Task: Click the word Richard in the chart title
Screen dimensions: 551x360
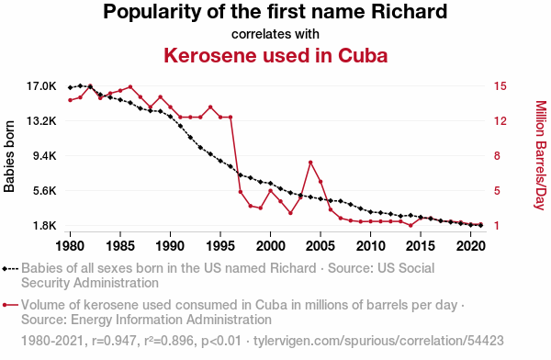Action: (409, 12)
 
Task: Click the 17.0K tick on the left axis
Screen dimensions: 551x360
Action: (41, 85)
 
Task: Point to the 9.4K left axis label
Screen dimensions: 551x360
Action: (45, 156)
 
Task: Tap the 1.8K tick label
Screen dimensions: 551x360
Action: (45, 226)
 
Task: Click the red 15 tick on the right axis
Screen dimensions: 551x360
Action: (500, 85)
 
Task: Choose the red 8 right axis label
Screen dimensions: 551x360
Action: (497, 156)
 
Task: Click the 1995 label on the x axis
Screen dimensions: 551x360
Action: (220, 246)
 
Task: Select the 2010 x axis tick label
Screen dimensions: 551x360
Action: (371, 246)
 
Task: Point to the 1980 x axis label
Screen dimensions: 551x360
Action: (70, 246)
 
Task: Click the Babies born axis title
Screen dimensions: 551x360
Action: (9, 156)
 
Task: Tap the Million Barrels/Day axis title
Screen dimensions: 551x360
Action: (541, 155)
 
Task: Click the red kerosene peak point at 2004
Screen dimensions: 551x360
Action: (310, 163)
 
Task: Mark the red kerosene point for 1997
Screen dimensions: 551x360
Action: (241, 192)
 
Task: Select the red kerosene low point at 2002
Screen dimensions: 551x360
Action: (290, 213)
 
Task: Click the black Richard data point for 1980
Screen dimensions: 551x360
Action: (71, 87)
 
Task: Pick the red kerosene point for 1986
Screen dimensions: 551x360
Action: (130, 87)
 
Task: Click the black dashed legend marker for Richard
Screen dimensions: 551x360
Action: (10, 269)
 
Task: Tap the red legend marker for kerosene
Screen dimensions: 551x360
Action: (10, 305)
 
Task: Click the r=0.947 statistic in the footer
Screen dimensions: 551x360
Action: (114, 341)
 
